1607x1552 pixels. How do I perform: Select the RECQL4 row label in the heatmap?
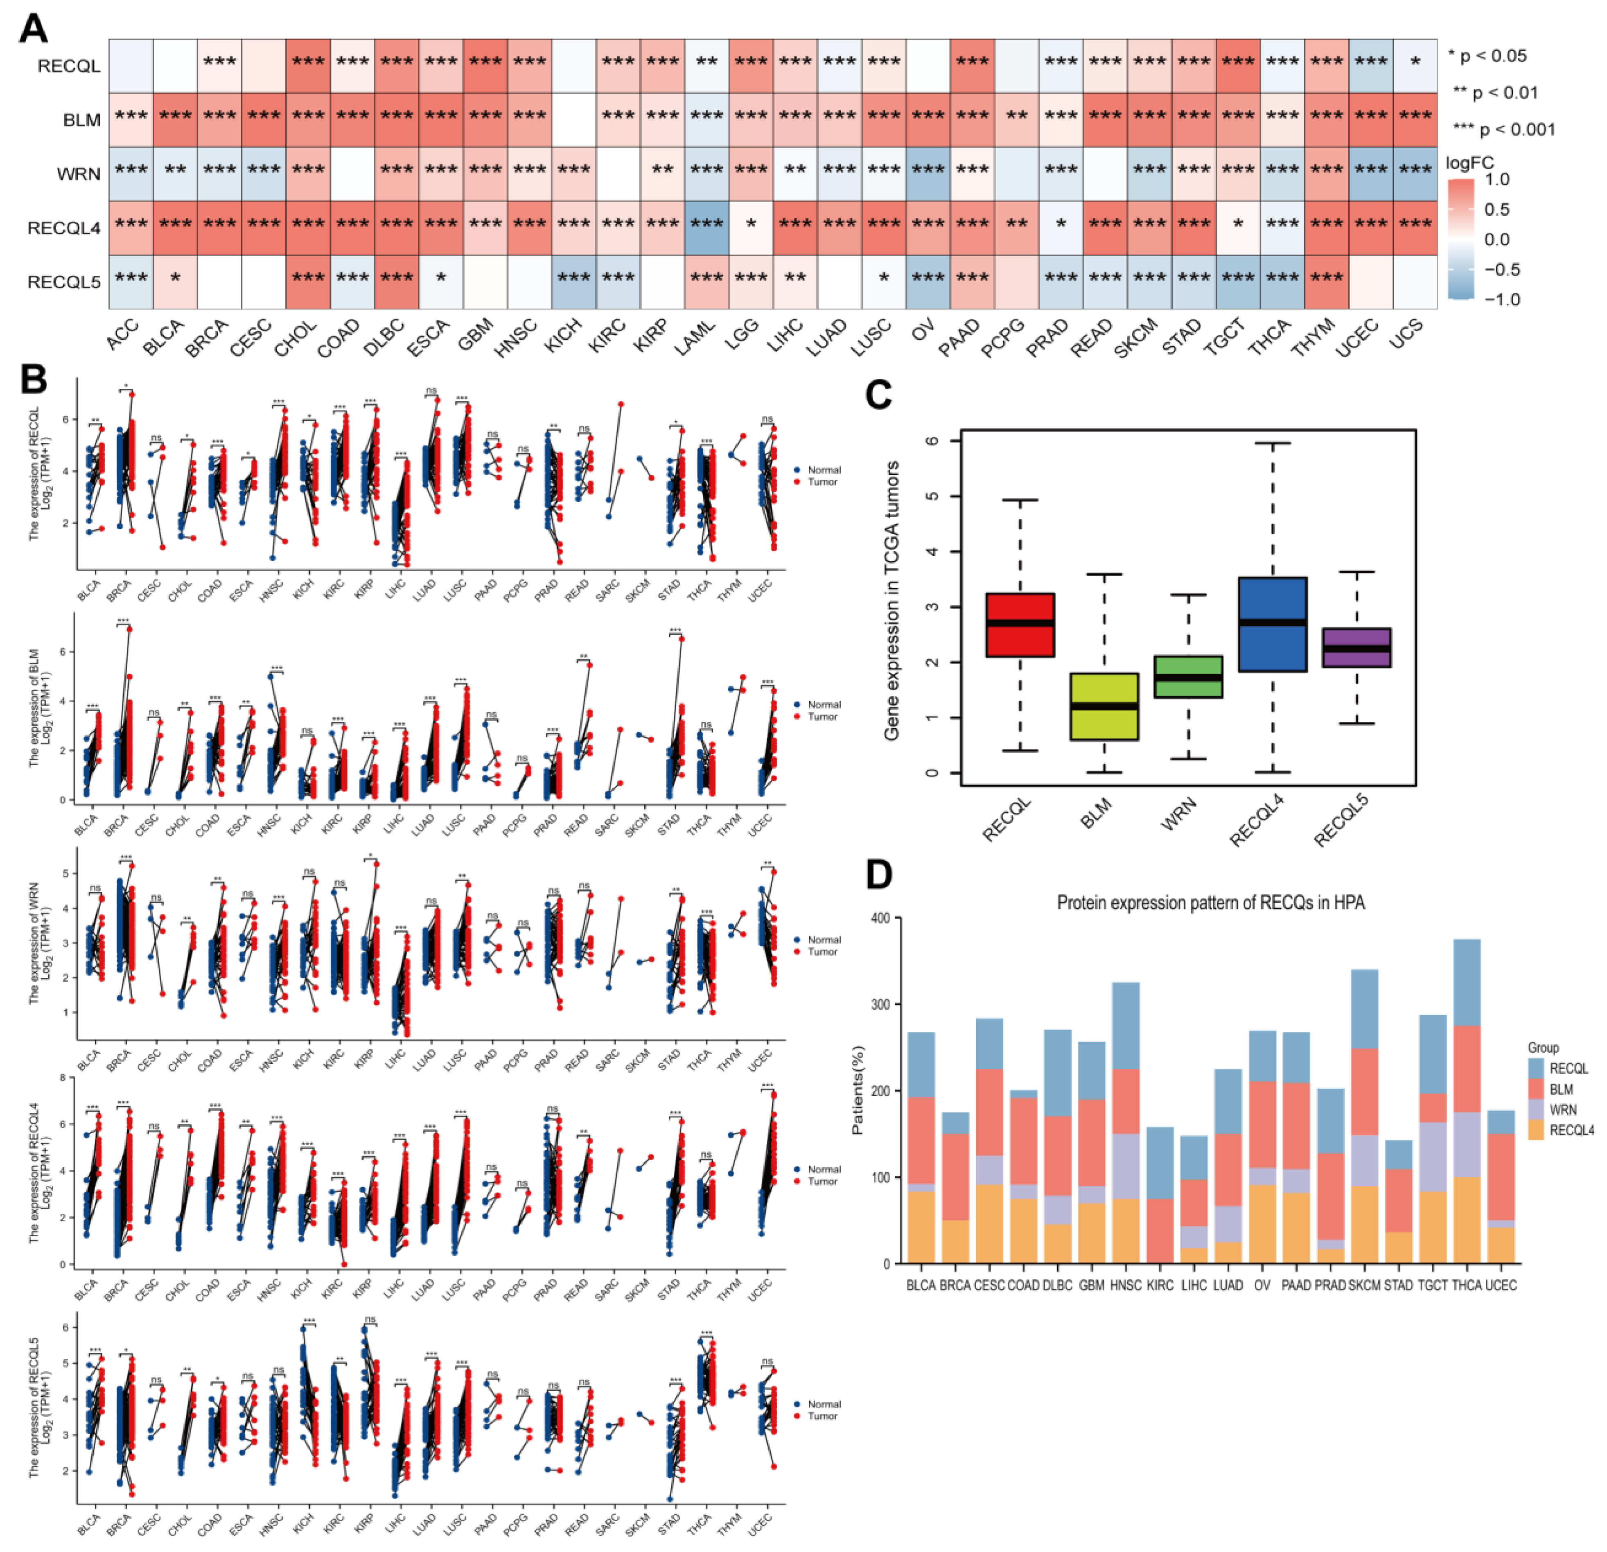coord(64,228)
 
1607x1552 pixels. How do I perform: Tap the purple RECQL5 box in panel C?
coord(1357,648)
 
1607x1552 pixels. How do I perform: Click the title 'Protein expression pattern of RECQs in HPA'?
coord(1210,902)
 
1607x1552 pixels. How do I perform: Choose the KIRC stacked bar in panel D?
coord(1160,1197)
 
